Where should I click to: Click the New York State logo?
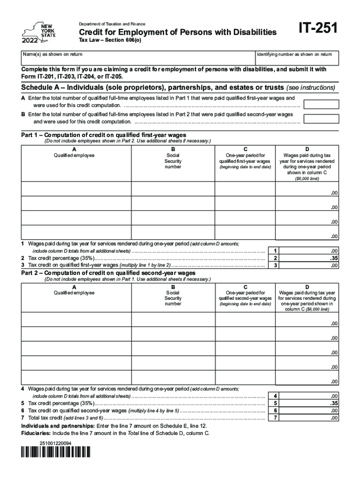pos(40,31)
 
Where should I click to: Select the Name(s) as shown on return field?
pos(137,58)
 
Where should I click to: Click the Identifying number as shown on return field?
pos(296,58)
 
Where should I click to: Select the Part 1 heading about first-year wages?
pos(104,135)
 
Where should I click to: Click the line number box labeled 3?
pos(276,265)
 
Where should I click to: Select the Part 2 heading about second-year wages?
pos(108,273)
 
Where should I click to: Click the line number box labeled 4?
pos(276,395)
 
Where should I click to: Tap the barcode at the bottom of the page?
pos(56,452)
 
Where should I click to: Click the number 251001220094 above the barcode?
pos(56,443)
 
